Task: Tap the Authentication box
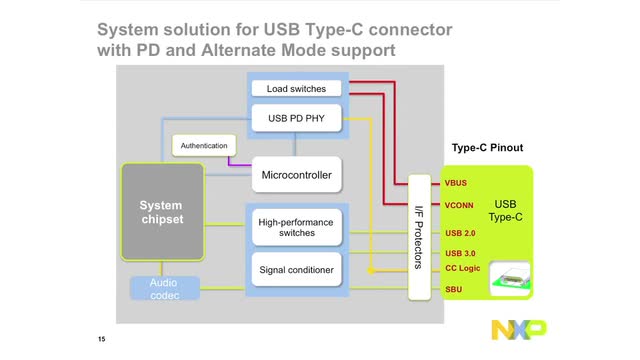click(x=204, y=146)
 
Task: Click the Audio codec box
click(x=163, y=289)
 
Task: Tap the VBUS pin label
click(x=456, y=183)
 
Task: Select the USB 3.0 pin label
click(x=461, y=253)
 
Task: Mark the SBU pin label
click(x=454, y=289)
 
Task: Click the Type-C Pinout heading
click(x=487, y=148)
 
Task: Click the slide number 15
click(x=102, y=340)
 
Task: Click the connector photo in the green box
click(x=512, y=277)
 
